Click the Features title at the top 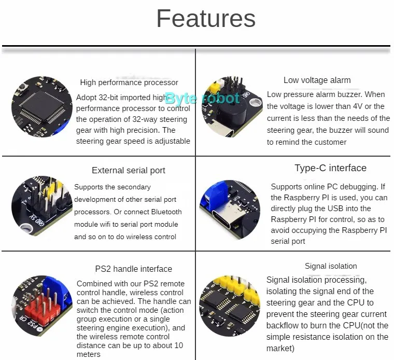click(x=206, y=19)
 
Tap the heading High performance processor click(x=129, y=82)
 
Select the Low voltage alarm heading click(x=317, y=80)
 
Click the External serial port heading click(x=128, y=170)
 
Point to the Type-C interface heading click(x=330, y=168)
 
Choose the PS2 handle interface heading click(x=133, y=269)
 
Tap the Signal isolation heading click(x=331, y=266)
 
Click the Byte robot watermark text click(x=202, y=98)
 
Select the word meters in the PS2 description click(x=89, y=354)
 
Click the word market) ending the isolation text click(x=280, y=348)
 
